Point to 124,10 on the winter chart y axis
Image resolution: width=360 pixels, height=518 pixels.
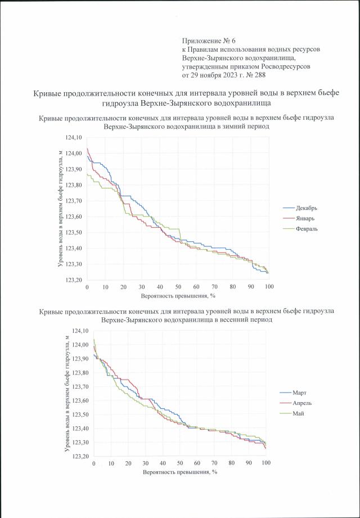coord(74,137)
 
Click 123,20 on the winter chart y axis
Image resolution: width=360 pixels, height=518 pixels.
coord(74,280)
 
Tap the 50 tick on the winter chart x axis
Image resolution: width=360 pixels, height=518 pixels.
coord(178,287)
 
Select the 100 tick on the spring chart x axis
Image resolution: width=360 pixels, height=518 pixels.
coord(266,463)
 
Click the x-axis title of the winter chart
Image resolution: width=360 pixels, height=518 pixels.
coord(178,295)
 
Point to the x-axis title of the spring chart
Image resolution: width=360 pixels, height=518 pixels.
coord(179,472)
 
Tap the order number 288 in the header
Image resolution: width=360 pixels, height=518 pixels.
coord(258,75)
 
